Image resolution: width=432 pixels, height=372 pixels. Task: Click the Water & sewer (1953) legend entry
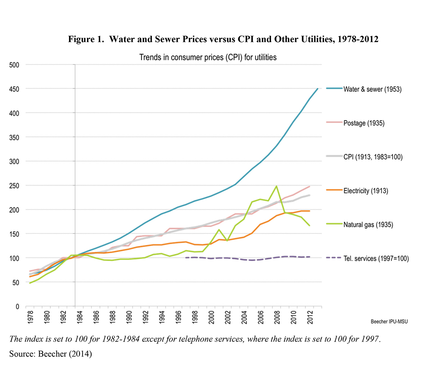coord(372,89)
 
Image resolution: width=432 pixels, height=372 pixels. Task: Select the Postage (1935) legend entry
coord(364,123)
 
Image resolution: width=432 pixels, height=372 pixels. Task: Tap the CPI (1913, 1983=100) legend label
coord(373,157)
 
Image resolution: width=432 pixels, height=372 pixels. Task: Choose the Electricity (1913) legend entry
coord(366,191)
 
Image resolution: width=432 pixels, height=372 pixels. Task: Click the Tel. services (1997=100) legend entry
coord(376,259)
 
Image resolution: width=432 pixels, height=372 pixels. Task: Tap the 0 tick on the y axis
coord(17,306)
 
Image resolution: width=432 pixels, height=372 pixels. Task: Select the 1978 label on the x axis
coord(30,317)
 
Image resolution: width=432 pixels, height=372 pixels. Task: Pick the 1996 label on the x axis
coord(178,317)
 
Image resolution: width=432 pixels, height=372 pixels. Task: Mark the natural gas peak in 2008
coord(276,186)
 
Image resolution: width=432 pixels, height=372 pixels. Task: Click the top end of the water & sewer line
coord(318,89)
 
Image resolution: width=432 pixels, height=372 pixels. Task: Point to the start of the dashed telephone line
coord(186,257)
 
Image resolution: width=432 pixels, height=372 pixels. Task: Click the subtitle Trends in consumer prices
coord(208,57)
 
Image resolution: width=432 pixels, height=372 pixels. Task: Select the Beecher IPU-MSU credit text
coord(389,322)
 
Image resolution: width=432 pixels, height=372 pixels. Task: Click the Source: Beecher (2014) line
coord(51,354)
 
